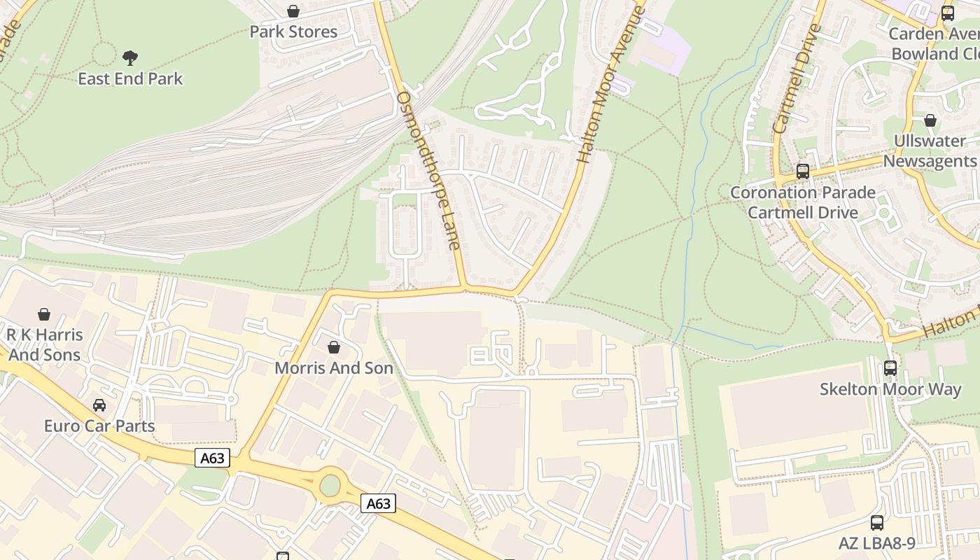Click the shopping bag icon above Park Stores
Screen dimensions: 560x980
coord(293,11)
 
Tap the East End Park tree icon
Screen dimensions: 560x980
coord(129,57)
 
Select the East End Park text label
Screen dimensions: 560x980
coord(129,78)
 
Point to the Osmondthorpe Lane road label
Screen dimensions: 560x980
coord(428,170)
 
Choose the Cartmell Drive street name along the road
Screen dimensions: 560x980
coord(797,79)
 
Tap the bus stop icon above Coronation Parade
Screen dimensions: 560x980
coord(802,171)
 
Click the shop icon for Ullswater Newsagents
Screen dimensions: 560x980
coord(930,120)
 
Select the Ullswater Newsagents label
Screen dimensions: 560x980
coord(929,150)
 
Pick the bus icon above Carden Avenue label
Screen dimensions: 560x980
coord(947,13)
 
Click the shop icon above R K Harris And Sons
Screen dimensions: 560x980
coord(44,314)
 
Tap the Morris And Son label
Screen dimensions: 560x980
coord(333,367)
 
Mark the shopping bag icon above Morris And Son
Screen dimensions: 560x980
coord(334,346)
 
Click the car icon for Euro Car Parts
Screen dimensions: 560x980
coord(99,405)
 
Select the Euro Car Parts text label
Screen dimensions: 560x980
coord(99,426)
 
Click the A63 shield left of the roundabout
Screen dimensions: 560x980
coord(212,458)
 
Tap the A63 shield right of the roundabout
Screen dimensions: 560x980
coord(378,503)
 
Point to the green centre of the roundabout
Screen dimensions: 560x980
coord(330,485)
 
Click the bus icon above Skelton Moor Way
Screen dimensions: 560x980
coord(890,367)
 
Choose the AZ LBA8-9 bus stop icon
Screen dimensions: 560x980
coord(876,522)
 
